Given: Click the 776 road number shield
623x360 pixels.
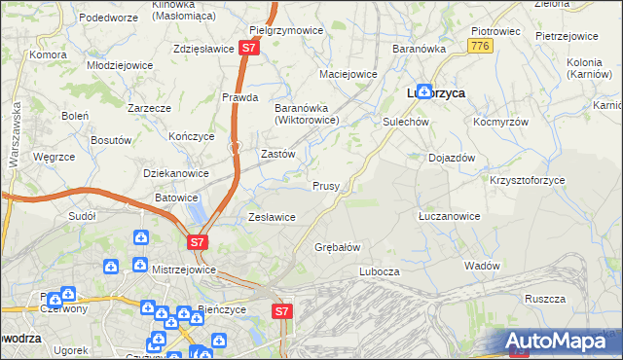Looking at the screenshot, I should pyautogui.click(x=478, y=46).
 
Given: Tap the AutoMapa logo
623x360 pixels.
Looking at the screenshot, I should pyautogui.click(x=562, y=340).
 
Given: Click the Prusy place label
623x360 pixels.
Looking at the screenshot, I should pyautogui.click(x=325, y=186).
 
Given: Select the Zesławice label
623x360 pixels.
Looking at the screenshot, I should pyautogui.click(x=272, y=217).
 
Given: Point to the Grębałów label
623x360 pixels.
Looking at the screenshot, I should pyautogui.click(x=338, y=247).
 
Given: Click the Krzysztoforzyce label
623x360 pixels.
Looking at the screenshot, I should pyautogui.click(x=527, y=181).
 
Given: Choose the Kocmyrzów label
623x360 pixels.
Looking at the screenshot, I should pyautogui.click(x=500, y=124).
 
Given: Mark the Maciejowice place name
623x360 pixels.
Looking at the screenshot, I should pyautogui.click(x=348, y=74).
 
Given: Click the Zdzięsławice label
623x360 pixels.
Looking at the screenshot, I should pyautogui.click(x=202, y=49).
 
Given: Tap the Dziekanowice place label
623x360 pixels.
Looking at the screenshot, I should pyautogui.click(x=176, y=173).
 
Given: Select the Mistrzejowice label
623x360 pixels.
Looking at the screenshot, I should pyautogui.click(x=184, y=266).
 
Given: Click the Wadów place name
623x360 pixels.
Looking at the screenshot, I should pyautogui.click(x=482, y=266).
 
